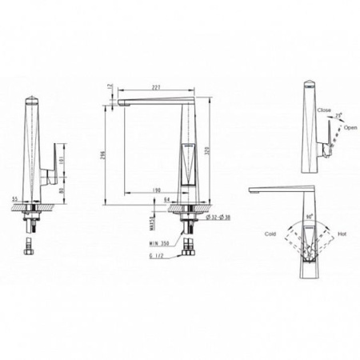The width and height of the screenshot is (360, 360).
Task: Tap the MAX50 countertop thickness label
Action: point(150,218)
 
